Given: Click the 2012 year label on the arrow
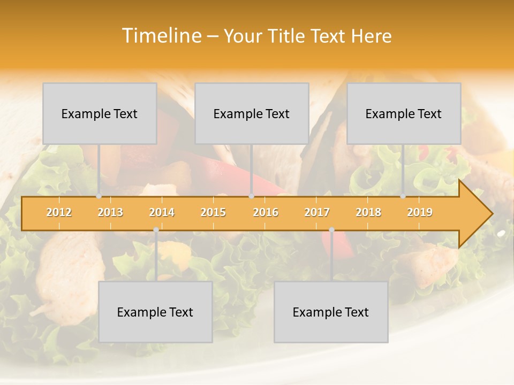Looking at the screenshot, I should tap(59, 212).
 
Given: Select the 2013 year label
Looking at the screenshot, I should tap(110, 212).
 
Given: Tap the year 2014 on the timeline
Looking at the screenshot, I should tap(162, 212).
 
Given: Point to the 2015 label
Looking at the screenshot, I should tap(213, 212).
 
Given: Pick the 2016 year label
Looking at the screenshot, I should tap(265, 212).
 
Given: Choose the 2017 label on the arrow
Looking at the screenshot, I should tap(316, 212).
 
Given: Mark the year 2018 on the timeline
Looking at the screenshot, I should tap(368, 212).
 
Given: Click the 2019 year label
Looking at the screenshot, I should tap(420, 212).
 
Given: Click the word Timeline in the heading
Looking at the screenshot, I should tap(161, 36).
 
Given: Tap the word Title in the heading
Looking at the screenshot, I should tap(287, 36).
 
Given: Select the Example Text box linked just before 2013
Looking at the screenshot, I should tap(100, 113).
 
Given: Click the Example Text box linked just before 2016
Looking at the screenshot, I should tap(252, 113).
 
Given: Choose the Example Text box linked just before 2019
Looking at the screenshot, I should tap(404, 113).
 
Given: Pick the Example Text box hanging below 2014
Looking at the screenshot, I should tap(155, 312).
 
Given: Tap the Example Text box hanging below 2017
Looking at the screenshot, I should tap(331, 312).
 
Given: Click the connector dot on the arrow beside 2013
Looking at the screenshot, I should tap(99, 196).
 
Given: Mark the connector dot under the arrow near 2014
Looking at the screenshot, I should tap(156, 230).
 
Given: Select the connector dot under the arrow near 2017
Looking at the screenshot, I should tap(331, 230).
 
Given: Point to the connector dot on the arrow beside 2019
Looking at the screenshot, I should tap(403, 196).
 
